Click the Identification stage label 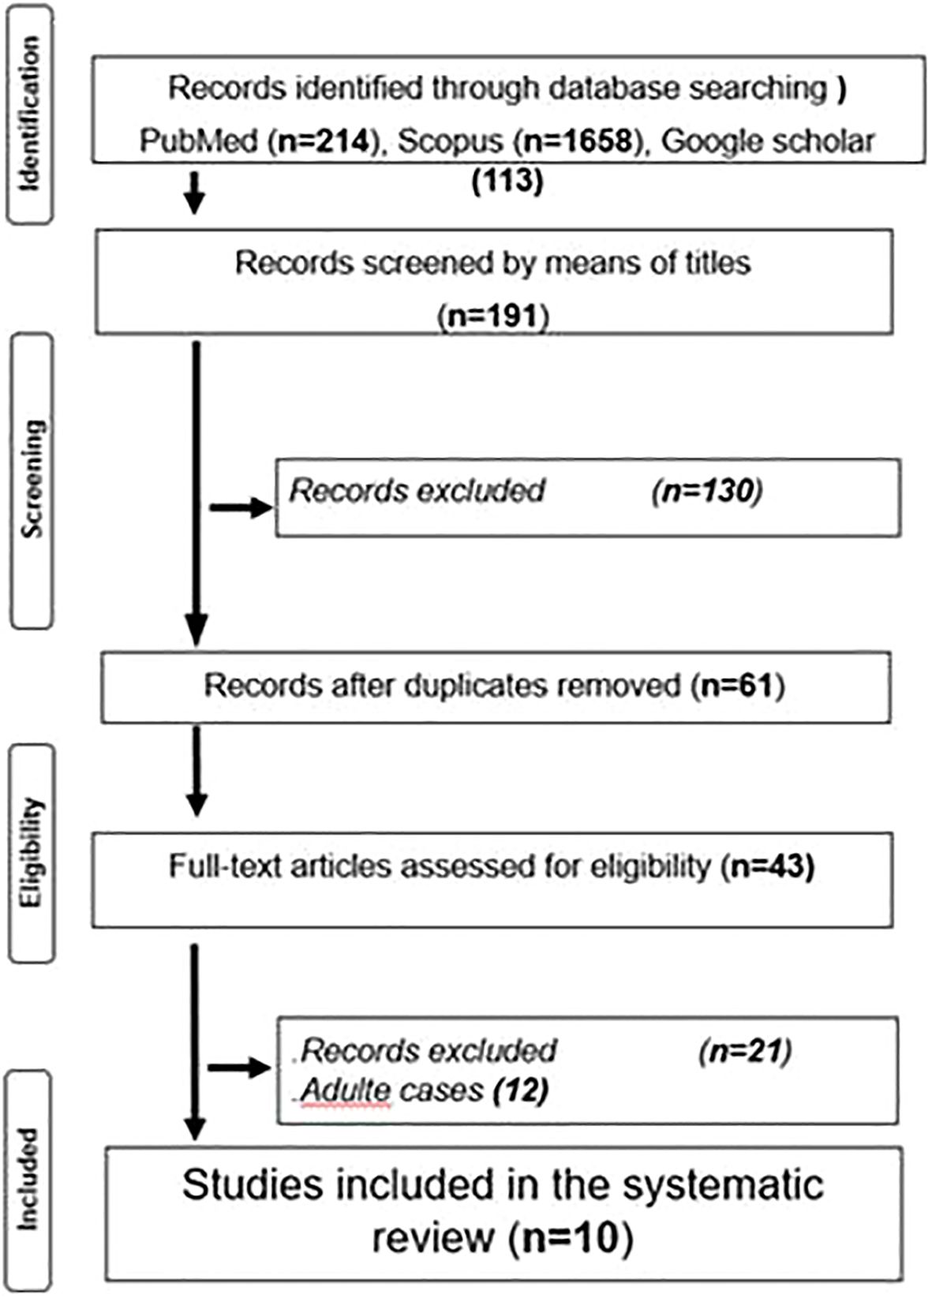(30, 114)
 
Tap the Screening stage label (32, 479)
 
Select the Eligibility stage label (32, 853)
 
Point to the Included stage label (29, 1179)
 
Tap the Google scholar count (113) (507, 181)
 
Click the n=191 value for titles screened (493, 316)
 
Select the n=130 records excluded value (707, 491)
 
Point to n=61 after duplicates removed (738, 685)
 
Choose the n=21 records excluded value (745, 1051)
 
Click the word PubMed (199, 141)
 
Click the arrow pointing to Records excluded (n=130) (240, 507)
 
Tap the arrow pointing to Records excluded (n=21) (238, 1068)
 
